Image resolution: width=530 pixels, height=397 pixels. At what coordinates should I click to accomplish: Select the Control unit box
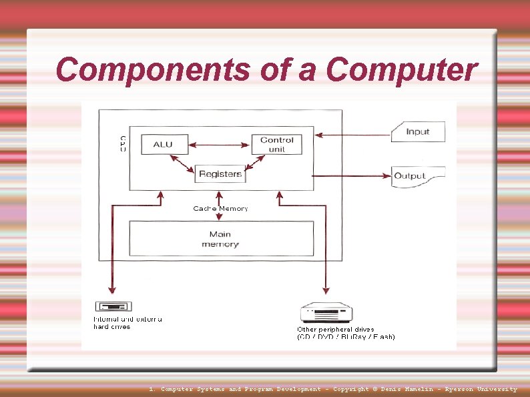pos(276,144)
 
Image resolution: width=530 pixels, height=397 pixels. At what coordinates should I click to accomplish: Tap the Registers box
pos(220,174)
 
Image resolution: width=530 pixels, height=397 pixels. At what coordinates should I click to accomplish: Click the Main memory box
pos(220,239)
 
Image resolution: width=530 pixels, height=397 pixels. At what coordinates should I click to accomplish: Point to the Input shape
pos(418,131)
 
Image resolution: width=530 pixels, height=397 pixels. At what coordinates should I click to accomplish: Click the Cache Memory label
pos(220,209)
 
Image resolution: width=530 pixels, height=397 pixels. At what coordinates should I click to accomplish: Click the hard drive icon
pos(113,307)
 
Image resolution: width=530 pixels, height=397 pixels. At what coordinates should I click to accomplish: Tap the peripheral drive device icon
pos(326,312)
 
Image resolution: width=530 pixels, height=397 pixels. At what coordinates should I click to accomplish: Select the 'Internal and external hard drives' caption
pos(127,323)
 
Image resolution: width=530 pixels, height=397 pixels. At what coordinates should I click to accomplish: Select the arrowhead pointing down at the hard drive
pos(111,290)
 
